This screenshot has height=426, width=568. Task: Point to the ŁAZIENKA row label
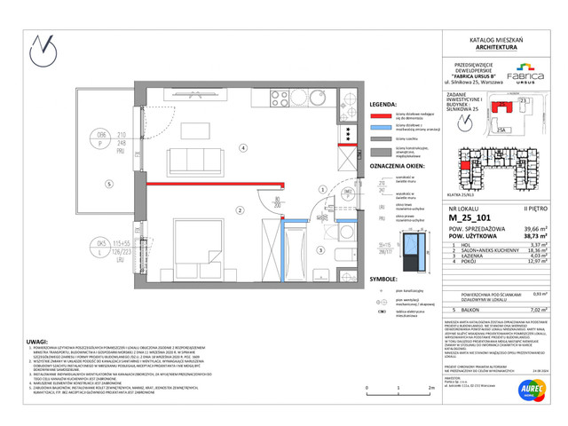(x=463, y=258)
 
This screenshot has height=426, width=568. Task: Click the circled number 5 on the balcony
(x=107, y=185)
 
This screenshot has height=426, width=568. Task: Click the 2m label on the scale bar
(x=429, y=388)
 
